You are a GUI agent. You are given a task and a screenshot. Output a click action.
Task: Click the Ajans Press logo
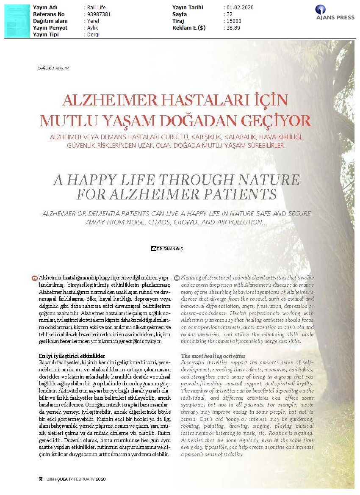pyautogui.click(x=332, y=13)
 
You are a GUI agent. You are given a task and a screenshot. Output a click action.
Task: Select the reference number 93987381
pyautogui.click(x=99, y=14)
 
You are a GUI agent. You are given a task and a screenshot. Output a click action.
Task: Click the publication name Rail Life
pyautogui.click(x=97, y=8)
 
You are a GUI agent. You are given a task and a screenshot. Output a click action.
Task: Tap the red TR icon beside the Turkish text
pyautogui.click(x=34, y=278)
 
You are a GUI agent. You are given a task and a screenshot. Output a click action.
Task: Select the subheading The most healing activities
pyautogui.click(x=213, y=356)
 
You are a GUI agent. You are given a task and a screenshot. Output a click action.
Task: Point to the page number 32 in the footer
pyautogui.click(x=40, y=479)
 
